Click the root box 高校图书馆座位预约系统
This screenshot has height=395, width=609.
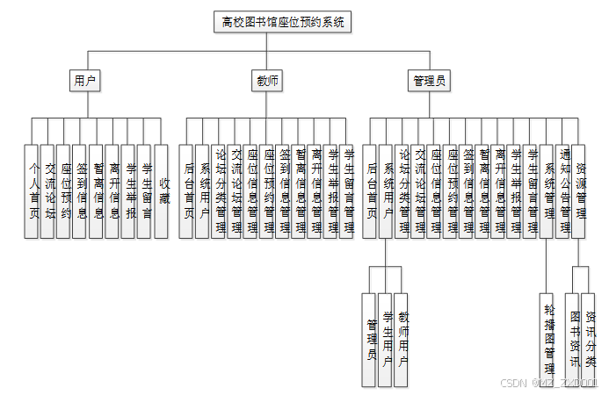tap(283, 22)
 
